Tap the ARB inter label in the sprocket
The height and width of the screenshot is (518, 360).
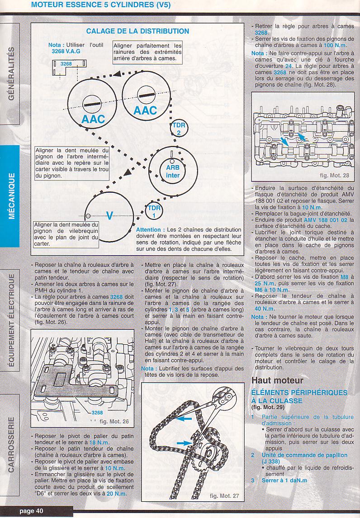(173, 171)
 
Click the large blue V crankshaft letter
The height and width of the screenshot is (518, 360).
(109, 216)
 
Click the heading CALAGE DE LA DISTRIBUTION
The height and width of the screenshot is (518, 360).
(138, 31)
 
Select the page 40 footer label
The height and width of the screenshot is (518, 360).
(31, 511)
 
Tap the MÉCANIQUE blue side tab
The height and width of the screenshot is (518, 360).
(10, 196)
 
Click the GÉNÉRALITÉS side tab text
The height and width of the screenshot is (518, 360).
(10, 73)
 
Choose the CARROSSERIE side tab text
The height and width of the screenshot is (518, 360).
(10, 444)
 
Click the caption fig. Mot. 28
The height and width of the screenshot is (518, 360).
(334, 175)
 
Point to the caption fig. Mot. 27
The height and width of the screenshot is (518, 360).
(224, 495)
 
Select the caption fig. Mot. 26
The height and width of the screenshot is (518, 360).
(114, 422)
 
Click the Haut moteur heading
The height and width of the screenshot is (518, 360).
(277, 380)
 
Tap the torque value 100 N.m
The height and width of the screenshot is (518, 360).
(335, 45)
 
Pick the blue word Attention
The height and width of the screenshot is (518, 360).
(148, 230)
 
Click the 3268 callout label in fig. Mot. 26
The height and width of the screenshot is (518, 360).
(97, 413)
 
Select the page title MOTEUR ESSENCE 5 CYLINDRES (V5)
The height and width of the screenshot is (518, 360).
(100, 5)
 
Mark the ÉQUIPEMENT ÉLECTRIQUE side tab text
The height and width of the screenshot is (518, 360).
(10, 320)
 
